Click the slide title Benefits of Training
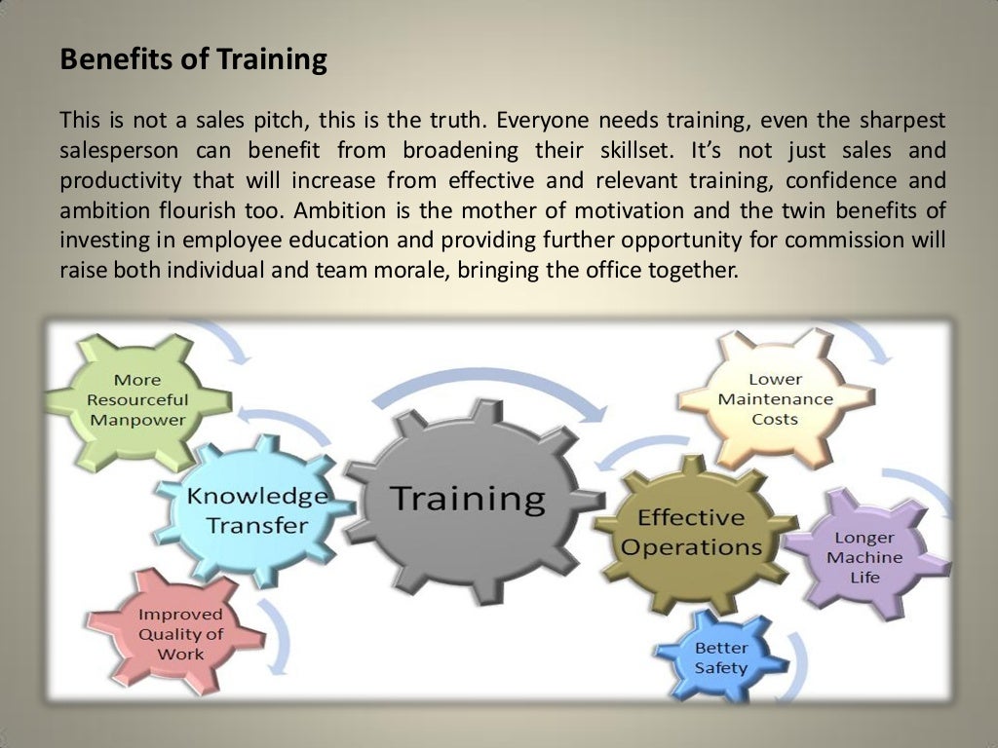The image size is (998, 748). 193,60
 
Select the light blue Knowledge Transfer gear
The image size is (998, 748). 256,510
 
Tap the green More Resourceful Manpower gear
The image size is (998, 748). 137,399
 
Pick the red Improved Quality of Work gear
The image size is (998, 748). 179,633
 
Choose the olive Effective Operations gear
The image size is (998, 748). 691,532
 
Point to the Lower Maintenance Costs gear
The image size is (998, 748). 775,398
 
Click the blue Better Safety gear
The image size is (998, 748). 720,658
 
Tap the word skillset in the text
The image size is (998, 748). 629,151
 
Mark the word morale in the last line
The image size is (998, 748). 404,270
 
